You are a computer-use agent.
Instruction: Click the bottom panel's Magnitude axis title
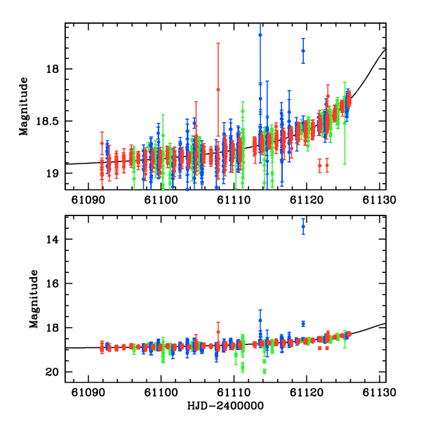pyautogui.click(x=34, y=299)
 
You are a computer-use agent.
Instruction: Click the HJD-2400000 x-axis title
pyautogui.click(x=226, y=406)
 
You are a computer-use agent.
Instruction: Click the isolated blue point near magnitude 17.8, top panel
pyautogui.click(x=303, y=51)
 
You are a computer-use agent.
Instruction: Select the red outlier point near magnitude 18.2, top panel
pyautogui.click(x=218, y=89)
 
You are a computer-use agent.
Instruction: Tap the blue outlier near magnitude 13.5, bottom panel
pyautogui.click(x=303, y=226)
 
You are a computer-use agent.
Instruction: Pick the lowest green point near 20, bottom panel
pyautogui.click(x=265, y=370)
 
